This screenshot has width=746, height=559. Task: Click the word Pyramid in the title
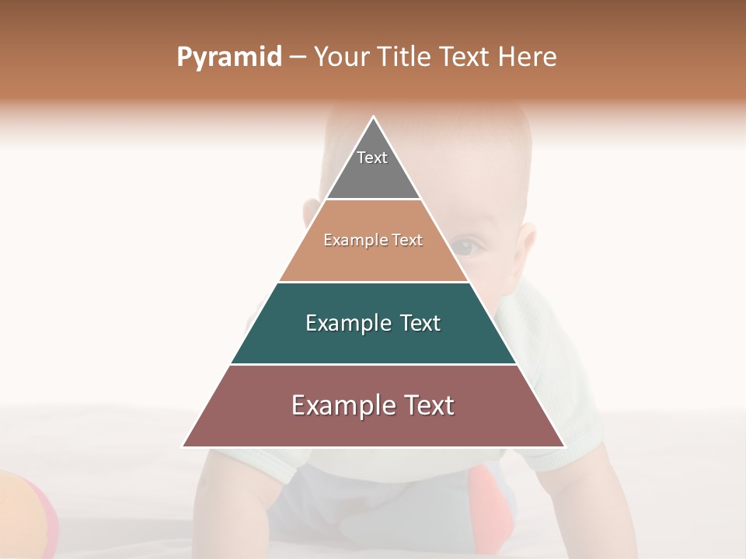tap(228, 57)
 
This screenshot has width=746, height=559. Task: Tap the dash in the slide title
tap(297, 57)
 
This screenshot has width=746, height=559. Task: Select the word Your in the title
tap(340, 57)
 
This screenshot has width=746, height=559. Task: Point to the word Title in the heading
tap(405, 57)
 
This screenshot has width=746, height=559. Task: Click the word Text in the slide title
tap(465, 57)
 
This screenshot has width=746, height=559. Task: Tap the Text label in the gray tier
tap(372, 158)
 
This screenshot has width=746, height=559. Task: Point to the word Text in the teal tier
tap(420, 323)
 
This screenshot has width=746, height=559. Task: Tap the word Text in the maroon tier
tap(428, 405)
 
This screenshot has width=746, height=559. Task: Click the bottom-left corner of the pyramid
tap(183, 446)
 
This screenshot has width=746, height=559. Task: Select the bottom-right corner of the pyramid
tap(564, 446)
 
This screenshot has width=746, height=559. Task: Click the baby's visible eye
tap(466, 248)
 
